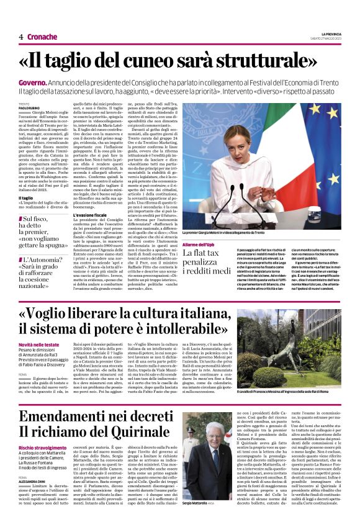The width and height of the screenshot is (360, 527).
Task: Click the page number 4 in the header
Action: (20, 37)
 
